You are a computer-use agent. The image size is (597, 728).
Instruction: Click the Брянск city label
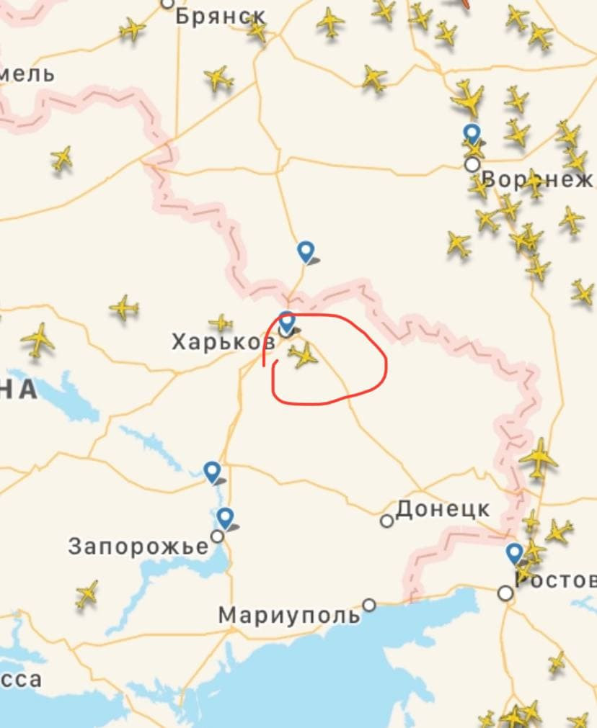221,16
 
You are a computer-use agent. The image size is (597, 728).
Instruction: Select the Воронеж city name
538,179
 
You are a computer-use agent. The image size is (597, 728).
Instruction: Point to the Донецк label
443,510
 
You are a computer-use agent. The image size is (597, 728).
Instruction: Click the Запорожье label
138,547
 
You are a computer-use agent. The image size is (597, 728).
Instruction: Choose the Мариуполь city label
289,616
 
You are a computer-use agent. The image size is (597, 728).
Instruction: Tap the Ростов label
556,580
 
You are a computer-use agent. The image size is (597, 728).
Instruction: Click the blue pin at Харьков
287,321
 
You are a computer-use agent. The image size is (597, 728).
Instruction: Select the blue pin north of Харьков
306,251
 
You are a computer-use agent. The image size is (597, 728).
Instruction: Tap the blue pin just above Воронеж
472,133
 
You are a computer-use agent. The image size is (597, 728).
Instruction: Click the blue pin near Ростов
514,553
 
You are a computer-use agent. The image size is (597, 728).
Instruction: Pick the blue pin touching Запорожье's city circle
226,517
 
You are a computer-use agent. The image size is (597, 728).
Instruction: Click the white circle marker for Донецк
387,520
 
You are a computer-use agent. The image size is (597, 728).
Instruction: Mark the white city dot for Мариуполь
369,605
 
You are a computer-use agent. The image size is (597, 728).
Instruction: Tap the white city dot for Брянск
167,3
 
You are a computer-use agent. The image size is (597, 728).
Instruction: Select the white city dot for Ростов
506,593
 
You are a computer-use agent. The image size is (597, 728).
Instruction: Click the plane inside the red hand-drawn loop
304,355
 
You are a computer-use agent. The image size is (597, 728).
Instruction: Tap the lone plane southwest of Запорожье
87,593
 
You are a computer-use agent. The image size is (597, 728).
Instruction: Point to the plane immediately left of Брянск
132,30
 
